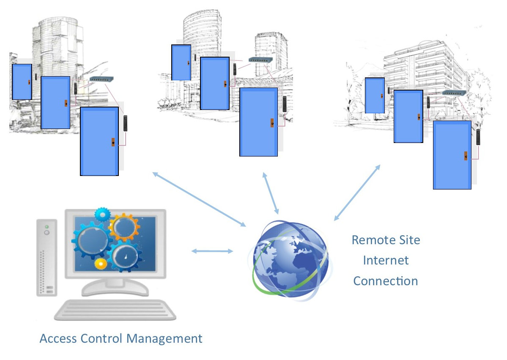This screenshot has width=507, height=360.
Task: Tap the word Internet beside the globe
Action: coord(386,260)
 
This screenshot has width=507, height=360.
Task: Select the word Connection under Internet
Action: coord(385,280)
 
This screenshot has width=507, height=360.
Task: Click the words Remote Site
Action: coord(386,240)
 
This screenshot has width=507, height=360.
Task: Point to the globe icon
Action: coord(290,257)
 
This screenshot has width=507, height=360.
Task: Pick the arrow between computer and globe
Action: coord(212,251)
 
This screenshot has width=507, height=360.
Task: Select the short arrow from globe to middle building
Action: coord(271,193)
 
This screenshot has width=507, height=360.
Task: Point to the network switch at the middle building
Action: coord(259,60)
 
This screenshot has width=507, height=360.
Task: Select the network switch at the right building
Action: coord(454,93)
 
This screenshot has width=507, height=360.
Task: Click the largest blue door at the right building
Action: coord(452,155)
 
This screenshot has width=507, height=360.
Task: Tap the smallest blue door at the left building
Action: coord(22,82)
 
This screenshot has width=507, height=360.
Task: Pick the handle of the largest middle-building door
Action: coord(273,123)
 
